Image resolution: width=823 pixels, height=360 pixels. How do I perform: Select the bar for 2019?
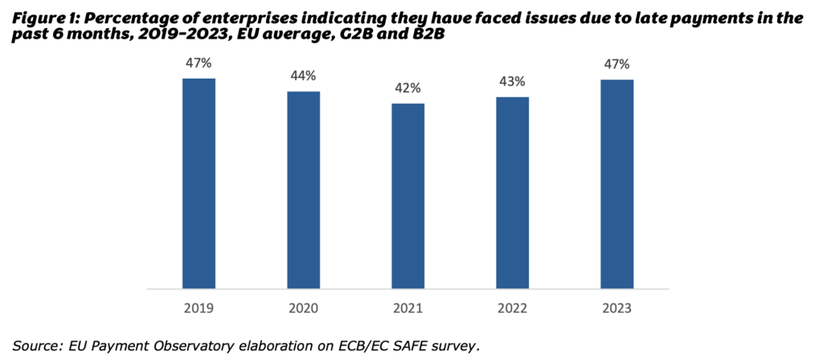coord(199,182)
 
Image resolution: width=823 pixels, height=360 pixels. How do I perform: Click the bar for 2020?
coord(304,189)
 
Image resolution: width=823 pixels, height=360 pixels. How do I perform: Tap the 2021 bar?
coord(408,195)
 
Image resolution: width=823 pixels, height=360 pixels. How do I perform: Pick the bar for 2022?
coord(513,192)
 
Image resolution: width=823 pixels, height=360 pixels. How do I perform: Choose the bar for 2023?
coord(617,183)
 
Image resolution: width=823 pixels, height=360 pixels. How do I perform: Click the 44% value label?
coord(304,76)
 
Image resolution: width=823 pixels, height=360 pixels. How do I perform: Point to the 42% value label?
coord(408,88)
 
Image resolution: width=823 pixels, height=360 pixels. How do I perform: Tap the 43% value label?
coord(513,81)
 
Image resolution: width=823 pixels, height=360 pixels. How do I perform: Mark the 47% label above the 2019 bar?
coord(199,63)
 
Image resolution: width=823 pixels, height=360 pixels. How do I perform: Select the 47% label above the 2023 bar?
coord(617,63)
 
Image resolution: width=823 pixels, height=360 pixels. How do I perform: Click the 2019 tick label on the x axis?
coord(199,308)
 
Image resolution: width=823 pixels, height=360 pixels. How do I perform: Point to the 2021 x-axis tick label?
coord(408,308)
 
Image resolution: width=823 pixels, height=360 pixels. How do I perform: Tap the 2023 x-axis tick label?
coord(617,308)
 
